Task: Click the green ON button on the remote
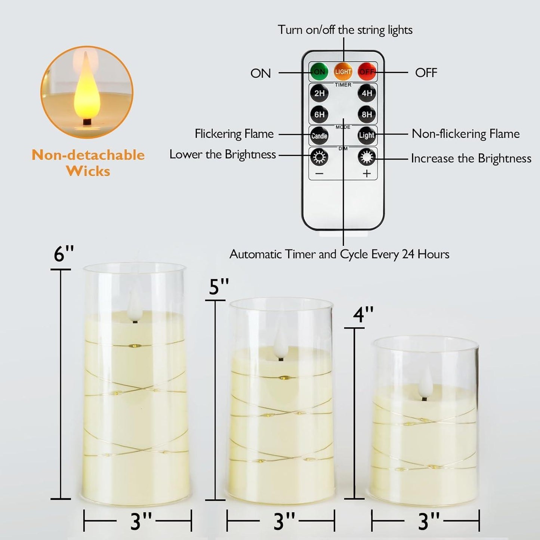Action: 319,72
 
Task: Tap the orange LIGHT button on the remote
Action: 343,72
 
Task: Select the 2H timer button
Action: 319,93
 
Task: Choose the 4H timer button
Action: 367,93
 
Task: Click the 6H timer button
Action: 319,114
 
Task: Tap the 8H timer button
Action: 367,114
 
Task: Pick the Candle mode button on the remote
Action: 319,136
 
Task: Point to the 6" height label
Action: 64,254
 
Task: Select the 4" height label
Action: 363,315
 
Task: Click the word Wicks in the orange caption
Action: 88,171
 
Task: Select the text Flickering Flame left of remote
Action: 234,134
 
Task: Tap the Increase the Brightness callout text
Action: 471,158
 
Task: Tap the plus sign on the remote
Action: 367,174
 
